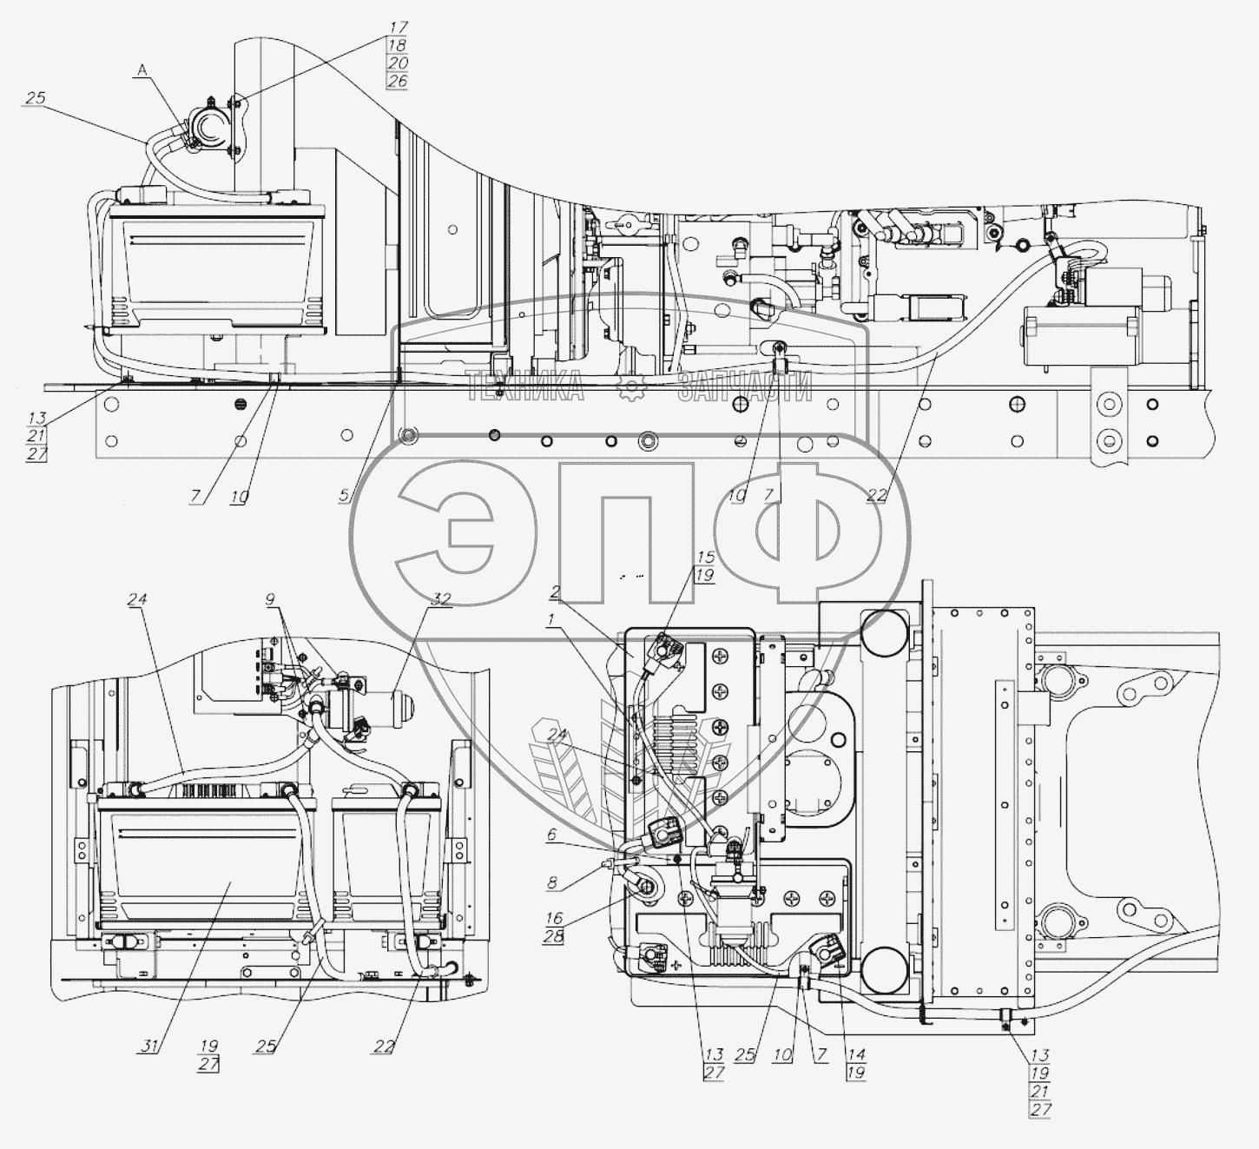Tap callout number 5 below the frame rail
coord(345,496)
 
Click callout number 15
coord(705,557)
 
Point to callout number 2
coord(553,592)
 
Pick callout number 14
coord(857,1055)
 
